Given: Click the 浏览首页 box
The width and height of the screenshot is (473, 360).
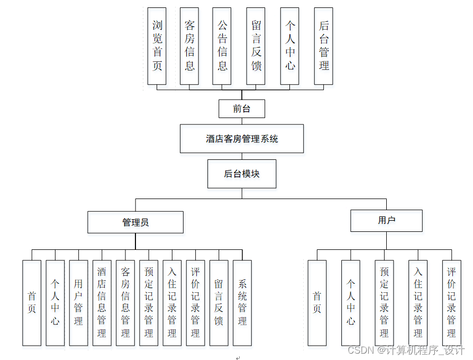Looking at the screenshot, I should click(x=157, y=46).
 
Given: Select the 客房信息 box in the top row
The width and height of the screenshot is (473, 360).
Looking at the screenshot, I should click(x=189, y=46).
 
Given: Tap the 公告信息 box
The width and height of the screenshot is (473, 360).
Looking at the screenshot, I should click(x=222, y=46).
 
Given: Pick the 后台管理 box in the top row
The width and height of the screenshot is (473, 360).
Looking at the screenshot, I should click(x=324, y=46).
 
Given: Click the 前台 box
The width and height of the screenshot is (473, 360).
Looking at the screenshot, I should click(x=241, y=109).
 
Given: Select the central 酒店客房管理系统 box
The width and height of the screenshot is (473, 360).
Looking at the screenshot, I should click(x=242, y=139).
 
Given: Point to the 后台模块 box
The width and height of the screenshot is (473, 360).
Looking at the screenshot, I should click(x=242, y=174).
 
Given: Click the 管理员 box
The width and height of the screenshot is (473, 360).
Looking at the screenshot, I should click(x=135, y=222).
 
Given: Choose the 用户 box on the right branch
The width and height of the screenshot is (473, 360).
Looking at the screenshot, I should click(x=386, y=221).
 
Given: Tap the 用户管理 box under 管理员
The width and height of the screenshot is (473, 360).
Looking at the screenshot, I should click(x=78, y=303).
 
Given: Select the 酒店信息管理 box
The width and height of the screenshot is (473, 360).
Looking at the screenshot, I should click(x=102, y=303).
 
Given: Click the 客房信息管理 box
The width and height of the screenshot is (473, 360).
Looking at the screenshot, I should click(x=125, y=303).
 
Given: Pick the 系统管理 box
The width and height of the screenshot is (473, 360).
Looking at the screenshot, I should click(x=242, y=303).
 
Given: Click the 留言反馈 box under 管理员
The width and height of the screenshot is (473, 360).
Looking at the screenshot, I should click(x=219, y=303).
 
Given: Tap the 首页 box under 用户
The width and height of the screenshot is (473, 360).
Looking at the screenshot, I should click(x=317, y=303).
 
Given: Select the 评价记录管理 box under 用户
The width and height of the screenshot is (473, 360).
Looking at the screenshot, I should click(x=451, y=303).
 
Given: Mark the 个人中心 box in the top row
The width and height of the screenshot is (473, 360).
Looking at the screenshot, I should click(x=290, y=46).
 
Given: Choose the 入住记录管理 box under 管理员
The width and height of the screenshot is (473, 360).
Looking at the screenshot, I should click(x=172, y=303).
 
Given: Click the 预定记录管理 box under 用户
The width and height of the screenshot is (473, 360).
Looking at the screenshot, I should click(x=384, y=303).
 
